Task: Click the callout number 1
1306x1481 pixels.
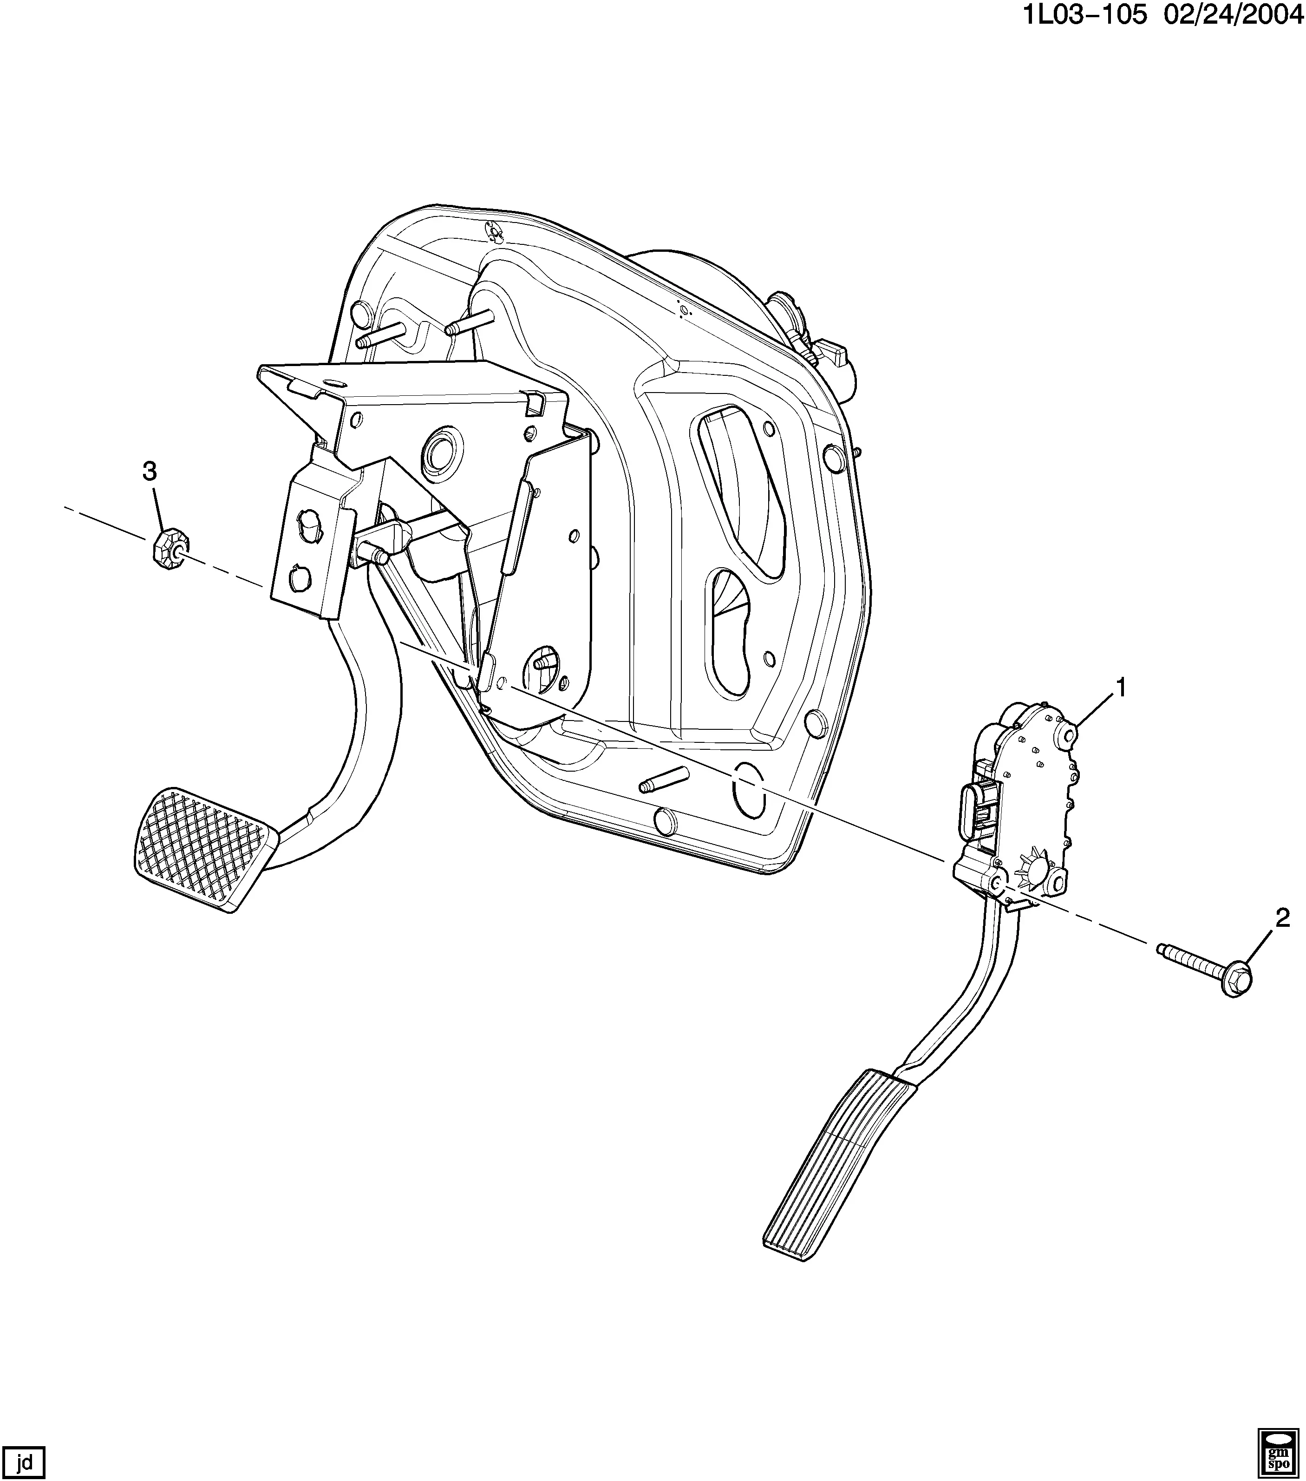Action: point(1121,688)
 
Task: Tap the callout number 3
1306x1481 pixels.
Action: point(149,472)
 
